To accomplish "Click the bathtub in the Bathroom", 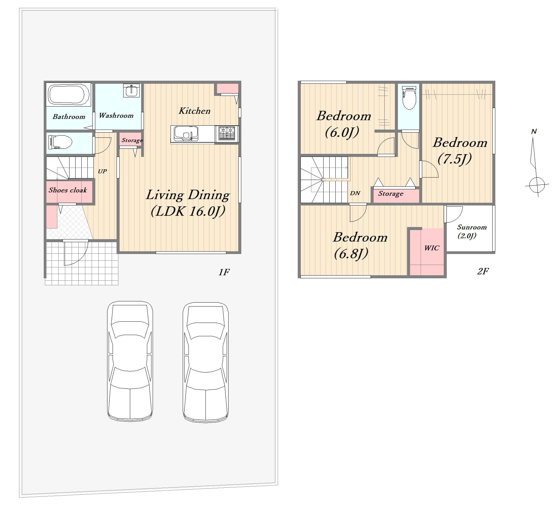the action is click(x=69, y=94).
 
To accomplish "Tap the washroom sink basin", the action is click(x=131, y=90).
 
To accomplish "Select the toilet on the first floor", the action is click(x=60, y=142).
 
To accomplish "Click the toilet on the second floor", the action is click(x=409, y=98).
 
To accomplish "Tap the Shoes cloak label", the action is click(x=68, y=190).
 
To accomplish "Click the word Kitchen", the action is click(x=195, y=111).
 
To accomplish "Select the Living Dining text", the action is click(x=188, y=195).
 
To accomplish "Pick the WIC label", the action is click(x=432, y=248).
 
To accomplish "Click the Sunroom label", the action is click(x=472, y=227).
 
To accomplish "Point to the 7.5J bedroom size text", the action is click(x=455, y=159).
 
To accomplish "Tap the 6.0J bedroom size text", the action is click(x=342, y=132).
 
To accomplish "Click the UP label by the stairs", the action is click(x=102, y=171).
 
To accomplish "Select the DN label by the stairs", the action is click(x=355, y=193).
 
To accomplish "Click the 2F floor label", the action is click(x=483, y=271).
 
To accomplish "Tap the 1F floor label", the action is click(x=224, y=272).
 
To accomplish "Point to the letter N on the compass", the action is click(x=534, y=131).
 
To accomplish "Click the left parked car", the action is click(x=130, y=361).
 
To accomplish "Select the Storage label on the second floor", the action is click(x=391, y=194).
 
